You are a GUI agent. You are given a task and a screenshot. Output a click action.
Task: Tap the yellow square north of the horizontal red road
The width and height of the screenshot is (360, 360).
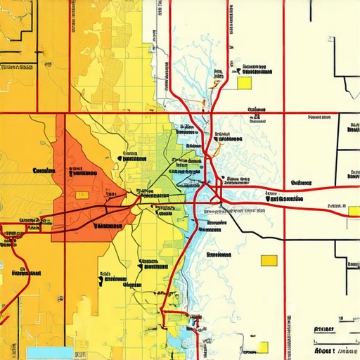[x=244, y=83]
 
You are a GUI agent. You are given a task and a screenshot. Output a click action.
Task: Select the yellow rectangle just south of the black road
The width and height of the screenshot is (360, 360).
[x=269, y=260]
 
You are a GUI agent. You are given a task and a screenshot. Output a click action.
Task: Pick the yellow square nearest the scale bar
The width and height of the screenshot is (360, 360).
[x=262, y=347]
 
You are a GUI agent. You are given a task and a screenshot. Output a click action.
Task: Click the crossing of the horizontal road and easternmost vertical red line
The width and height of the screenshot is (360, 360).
[x=284, y=112]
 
